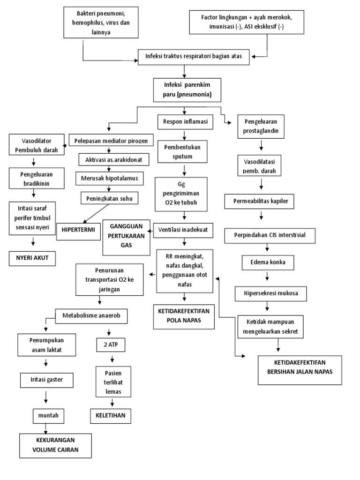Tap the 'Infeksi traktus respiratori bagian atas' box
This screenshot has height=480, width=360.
(193, 57)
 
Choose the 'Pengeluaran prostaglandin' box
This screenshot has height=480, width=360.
(261, 127)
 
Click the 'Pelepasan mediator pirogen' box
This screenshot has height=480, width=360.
(111, 140)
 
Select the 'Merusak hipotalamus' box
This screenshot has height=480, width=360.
(109, 178)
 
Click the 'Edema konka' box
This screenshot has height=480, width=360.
(265, 262)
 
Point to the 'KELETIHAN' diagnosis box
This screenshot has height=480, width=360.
(111, 415)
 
